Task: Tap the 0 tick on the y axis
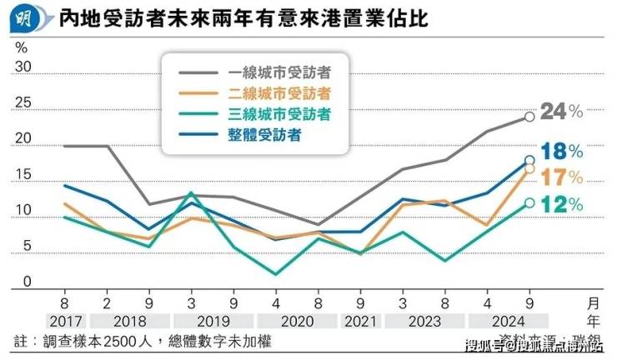27,282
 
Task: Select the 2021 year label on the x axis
360,320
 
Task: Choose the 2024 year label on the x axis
508,320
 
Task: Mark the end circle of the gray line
529,117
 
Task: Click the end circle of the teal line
529,202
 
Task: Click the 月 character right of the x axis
593,303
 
